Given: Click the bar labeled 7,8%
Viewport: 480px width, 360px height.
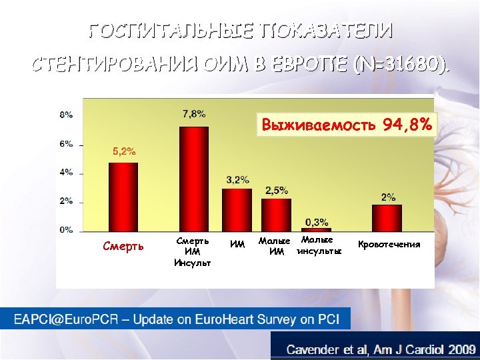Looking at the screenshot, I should coord(194,178).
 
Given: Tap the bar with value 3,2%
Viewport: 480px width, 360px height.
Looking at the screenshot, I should coord(237,209).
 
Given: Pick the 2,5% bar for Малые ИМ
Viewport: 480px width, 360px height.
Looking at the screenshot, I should coord(276,214).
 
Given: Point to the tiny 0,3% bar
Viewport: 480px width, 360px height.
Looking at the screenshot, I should coord(316,229).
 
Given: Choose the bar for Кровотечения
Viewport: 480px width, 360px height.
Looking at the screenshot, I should coord(387,217).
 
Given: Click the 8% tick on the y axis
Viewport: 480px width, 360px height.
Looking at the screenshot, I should coord(67,115).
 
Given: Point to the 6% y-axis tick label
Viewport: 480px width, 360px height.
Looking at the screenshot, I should coord(67,143).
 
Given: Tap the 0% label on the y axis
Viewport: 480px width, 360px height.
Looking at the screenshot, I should coord(67,229).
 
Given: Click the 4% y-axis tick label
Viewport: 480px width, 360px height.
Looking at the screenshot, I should coord(67,172).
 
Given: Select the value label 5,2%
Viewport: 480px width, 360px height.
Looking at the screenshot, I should coord(123,151).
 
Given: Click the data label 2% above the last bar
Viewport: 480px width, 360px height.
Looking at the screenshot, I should coord(388,197).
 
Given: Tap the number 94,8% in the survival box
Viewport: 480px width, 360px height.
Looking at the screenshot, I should coord(408,125).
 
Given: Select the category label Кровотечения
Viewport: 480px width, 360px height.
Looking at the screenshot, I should coord(389,245).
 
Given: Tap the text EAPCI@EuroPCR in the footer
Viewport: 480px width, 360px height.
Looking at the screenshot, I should coord(66,319).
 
